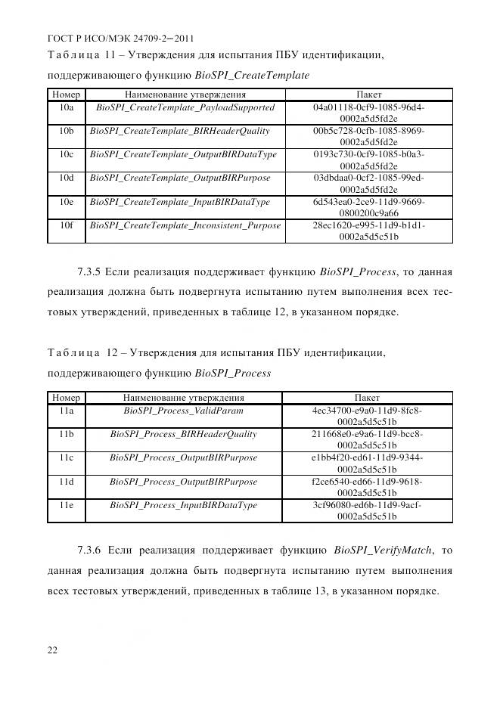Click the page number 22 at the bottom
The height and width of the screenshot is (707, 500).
point(52,650)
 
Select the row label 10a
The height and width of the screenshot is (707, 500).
point(66,107)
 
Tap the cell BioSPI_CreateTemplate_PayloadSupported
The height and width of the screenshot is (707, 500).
point(185,107)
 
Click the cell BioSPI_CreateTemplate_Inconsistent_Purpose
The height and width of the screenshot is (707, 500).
point(185,225)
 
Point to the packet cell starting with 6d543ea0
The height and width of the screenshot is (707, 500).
point(368,208)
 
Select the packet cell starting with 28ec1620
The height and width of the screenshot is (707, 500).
point(368,231)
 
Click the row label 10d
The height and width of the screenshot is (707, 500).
point(66,178)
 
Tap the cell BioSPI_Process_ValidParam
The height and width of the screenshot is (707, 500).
point(183,410)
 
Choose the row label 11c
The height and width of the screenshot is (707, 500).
point(66,457)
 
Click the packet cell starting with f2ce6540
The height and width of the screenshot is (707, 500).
point(367,487)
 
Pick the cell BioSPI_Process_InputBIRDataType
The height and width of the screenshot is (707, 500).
point(183,505)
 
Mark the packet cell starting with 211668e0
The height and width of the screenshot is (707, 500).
point(367,439)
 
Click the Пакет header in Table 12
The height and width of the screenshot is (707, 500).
point(367,397)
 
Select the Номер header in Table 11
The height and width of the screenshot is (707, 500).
point(66,95)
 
